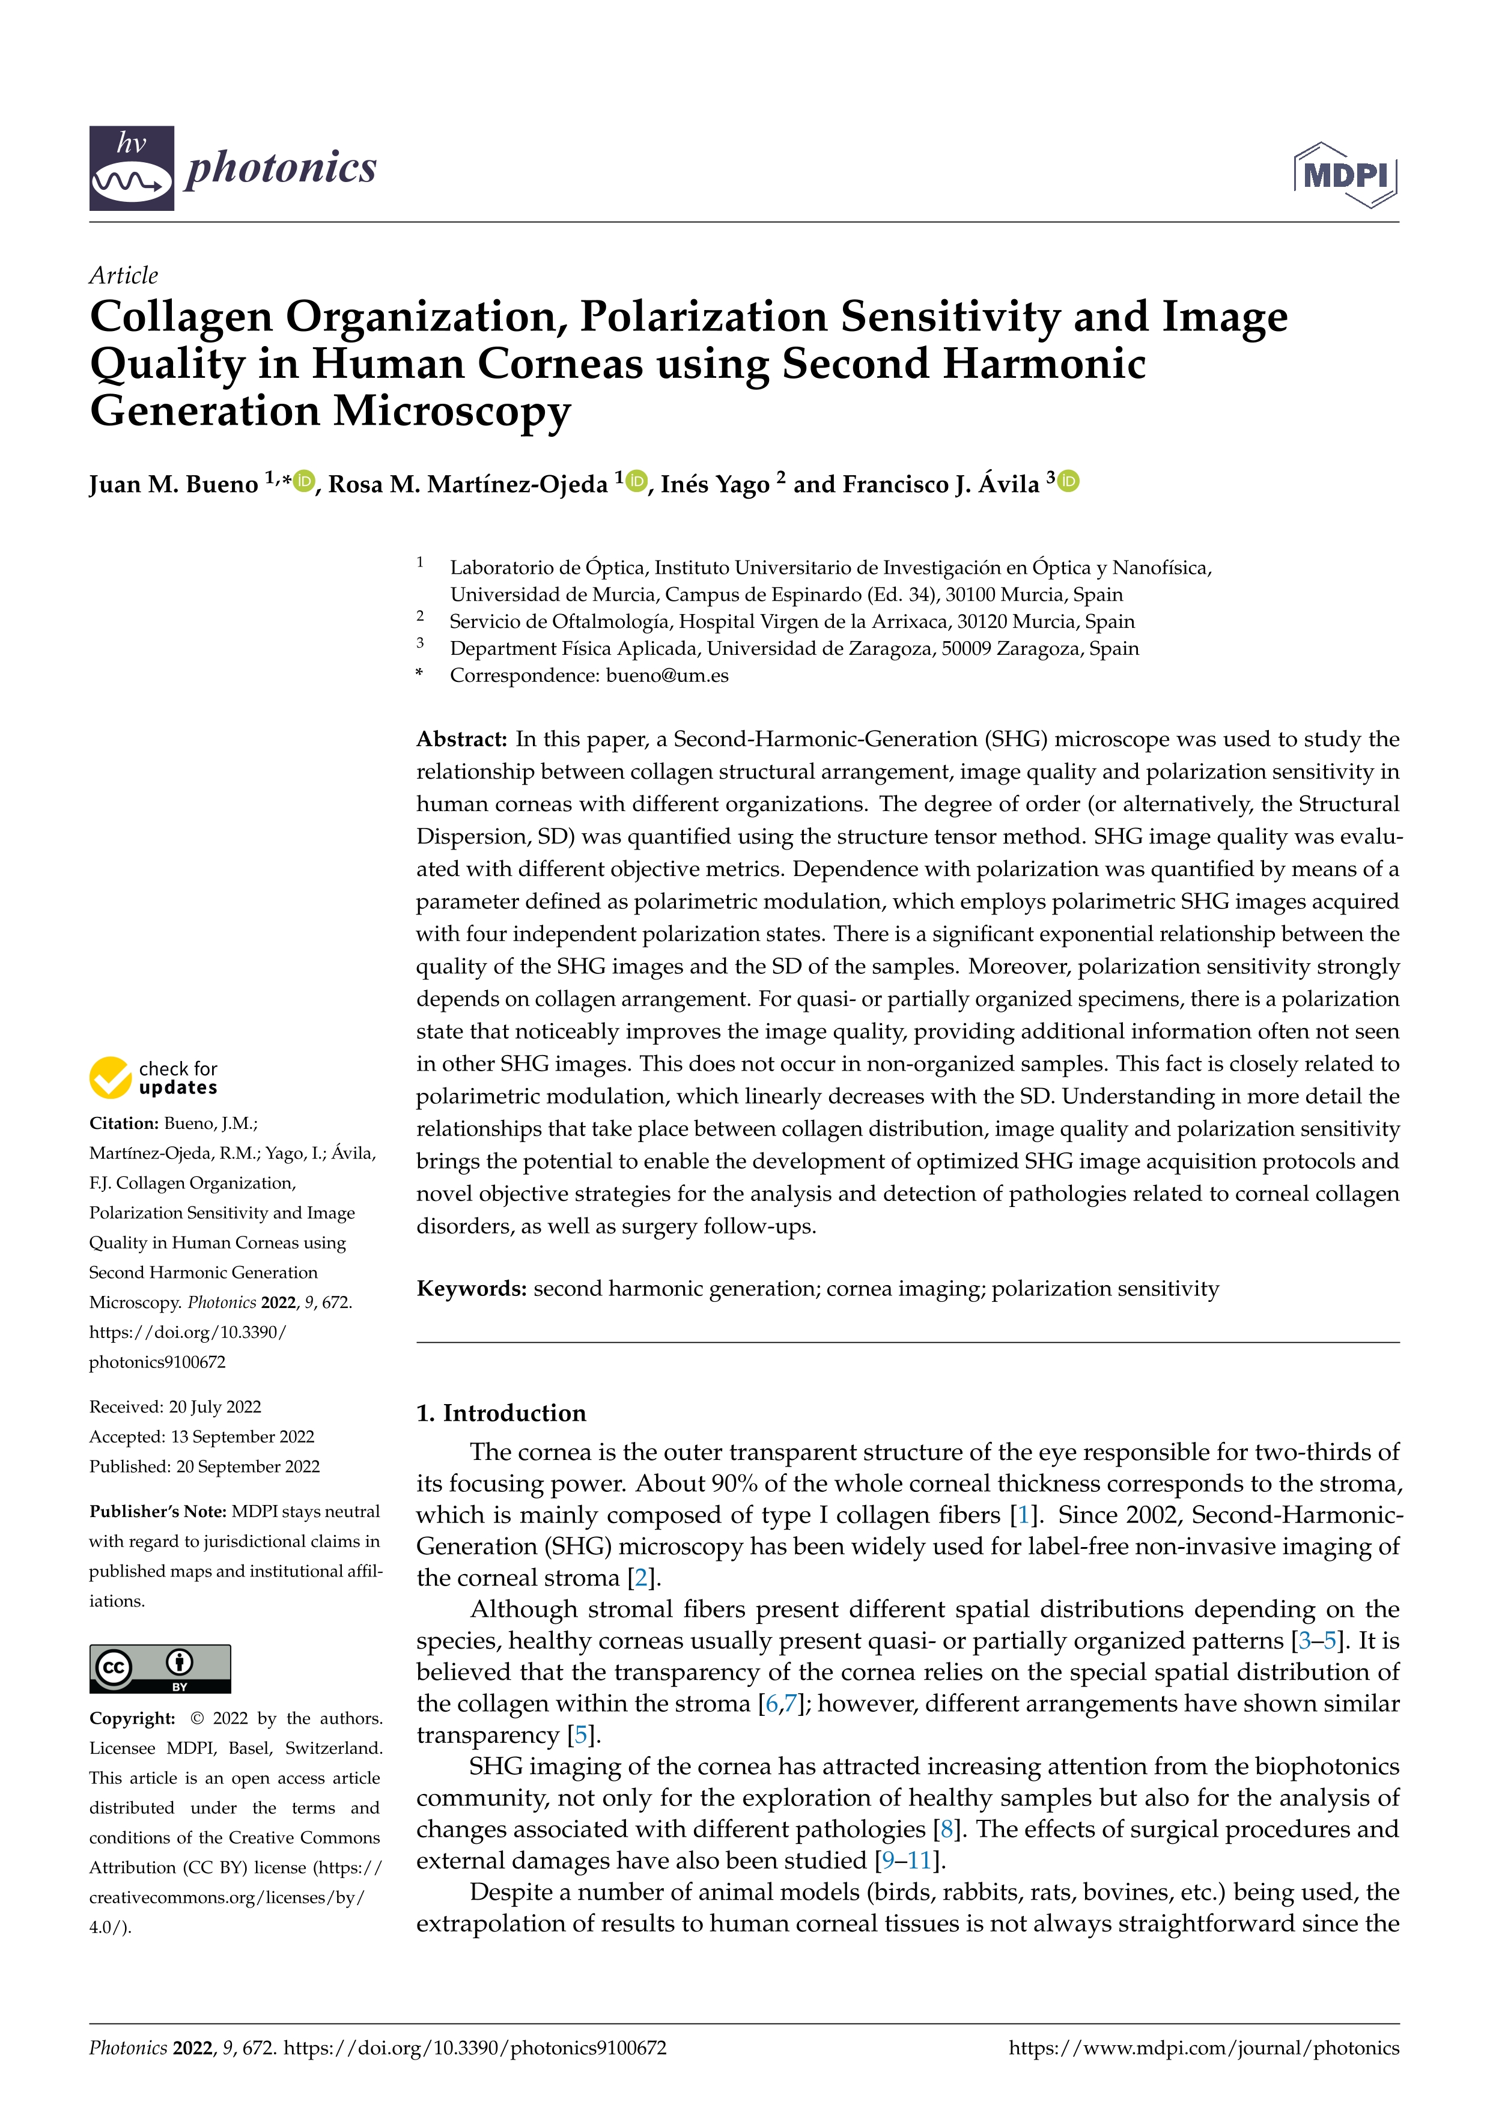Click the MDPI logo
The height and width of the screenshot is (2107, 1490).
pos(1345,174)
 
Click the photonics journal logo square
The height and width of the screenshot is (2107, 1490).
pos(131,169)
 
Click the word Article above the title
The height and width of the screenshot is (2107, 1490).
pos(123,275)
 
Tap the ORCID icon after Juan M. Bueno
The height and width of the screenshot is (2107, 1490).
pos(305,481)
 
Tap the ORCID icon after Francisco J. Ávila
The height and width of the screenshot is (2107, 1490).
pos(1069,481)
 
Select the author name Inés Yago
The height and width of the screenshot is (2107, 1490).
pos(715,484)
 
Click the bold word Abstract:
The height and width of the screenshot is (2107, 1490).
pos(461,740)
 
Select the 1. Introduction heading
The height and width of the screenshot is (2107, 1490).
pos(501,1413)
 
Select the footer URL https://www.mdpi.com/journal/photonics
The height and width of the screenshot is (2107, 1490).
pos(1204,2048)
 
